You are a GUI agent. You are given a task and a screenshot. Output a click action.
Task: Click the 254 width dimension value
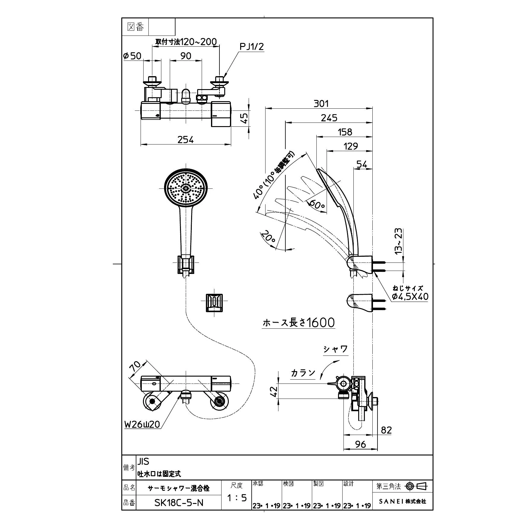tap(185, 140)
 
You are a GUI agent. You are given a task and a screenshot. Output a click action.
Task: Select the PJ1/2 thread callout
tap(251, 46)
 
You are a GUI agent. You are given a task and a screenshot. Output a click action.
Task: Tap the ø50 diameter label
tap(132, 56)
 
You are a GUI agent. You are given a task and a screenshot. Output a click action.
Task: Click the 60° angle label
tap(317, 205)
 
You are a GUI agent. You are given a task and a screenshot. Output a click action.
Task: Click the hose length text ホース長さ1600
tap(299, 322)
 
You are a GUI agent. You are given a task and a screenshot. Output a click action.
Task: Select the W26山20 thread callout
tap(142, 424)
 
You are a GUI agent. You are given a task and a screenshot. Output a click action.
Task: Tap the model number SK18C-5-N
tap(179, 502)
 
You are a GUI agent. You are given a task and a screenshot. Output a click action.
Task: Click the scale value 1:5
tap(237, 498)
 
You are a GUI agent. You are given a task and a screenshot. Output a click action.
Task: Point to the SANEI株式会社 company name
tap(402, 501)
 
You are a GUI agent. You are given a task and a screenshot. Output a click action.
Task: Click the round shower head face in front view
tap(186, 188)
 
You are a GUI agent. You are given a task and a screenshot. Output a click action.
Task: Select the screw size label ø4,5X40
tap(410, 297)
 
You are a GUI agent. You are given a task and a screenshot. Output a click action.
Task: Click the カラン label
tap(303, 373)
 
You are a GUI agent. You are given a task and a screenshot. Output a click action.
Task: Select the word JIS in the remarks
tap(143, 461)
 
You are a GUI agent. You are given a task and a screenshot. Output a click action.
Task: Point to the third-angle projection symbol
tap(417, 486)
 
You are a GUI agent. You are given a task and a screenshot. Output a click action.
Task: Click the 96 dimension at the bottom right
tap(360, 444)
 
